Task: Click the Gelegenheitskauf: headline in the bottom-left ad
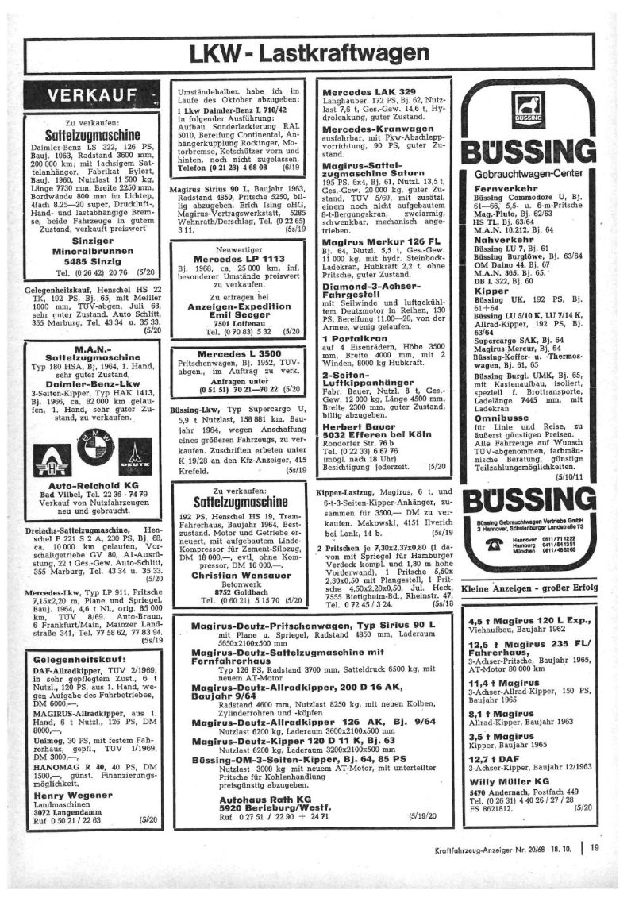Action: pyautogui.click(x=79, y=658)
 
